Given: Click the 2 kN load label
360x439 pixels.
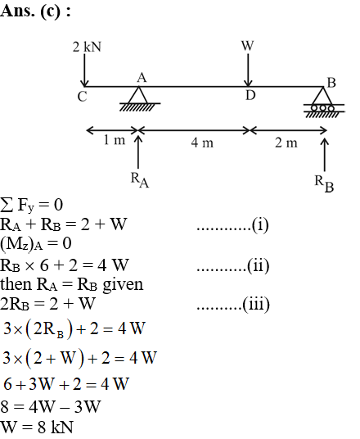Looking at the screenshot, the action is [x=87, y=47].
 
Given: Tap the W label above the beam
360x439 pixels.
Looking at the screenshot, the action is [x=248, y=46].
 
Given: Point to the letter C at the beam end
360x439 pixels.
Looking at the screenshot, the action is [x=83, y=97].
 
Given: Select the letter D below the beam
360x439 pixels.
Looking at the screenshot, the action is [x=250, y=96].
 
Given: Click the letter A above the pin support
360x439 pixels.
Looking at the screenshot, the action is [x=142, y=78].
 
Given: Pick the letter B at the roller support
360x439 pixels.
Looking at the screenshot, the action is [x=331, y=83].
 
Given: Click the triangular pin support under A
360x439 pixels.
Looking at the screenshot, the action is [x=138, y=95].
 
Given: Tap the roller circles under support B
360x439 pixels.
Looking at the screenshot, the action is [x=323, y=108].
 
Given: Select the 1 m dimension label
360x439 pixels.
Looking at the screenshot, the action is [x=115, y=140].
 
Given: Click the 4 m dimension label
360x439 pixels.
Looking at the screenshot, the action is [x=202, y=143].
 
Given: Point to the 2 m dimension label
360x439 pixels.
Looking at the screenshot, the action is [x=286, y=143].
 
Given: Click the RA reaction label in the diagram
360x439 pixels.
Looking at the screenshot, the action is [x=140, y=180].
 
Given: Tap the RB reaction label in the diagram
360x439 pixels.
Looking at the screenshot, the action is [x=324, y=183].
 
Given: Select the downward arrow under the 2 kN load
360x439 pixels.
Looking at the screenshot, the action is [x=84, y=70].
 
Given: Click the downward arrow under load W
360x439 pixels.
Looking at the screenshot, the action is [x=248, y=70].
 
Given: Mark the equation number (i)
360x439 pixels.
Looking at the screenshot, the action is [x=260, y=224].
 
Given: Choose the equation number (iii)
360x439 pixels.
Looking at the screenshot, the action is [x=255, y=305].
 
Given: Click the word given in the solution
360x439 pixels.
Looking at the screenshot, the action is [x=123, y=285].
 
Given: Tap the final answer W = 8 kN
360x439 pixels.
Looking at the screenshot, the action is [x=37, y=428].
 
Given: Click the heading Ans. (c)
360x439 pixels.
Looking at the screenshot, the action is [x=35, y=11].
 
